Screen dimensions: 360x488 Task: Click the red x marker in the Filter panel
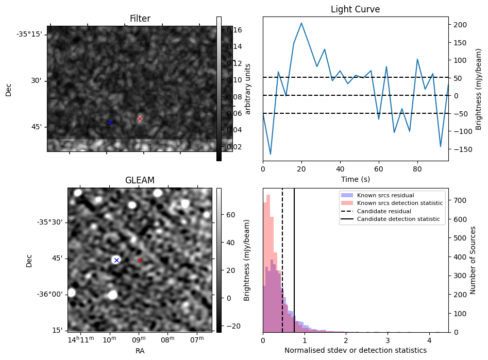(140, 118)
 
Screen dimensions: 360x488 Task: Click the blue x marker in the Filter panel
(110, 122)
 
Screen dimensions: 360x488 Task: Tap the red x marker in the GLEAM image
(140, 260)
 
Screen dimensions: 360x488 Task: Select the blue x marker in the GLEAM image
(116, 260)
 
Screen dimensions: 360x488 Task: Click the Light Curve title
(355, 9)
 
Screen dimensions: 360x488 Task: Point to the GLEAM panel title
(140, 180)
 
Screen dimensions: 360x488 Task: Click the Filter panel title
(140, 19)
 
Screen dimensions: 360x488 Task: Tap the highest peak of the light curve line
(301, 23)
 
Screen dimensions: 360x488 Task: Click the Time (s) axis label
(355, 179)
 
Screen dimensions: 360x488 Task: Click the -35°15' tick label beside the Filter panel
(29, 35)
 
